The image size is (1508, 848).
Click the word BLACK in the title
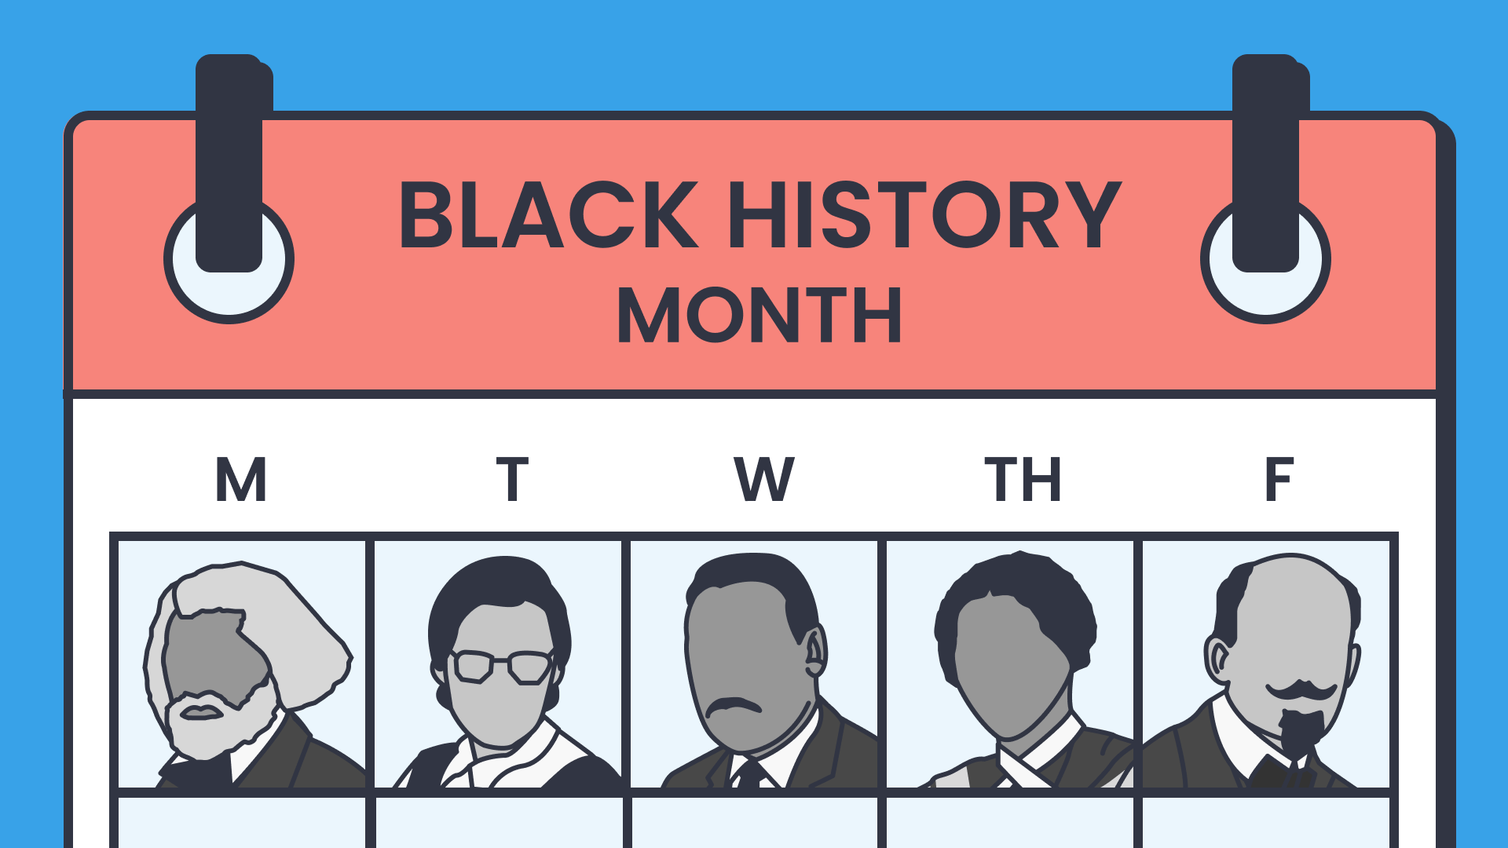click(548, 214)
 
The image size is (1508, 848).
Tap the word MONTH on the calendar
click(759, 316)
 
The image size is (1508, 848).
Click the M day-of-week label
click(241, 479)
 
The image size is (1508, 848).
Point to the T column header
click(512, 479)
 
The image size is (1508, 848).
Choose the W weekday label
click(764, 479)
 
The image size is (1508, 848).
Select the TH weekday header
click(1023, 479)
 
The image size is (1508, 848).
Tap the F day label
click(1279, 479)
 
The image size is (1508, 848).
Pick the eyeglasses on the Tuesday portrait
click(503, 666)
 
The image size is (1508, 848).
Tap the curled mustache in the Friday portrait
click(1301, 690)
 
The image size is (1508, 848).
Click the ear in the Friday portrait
click(1218, 660)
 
